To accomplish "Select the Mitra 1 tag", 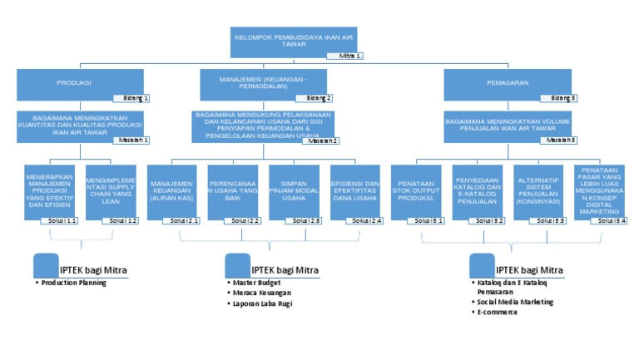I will [x=350, y=56].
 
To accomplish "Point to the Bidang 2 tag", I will [x=319, y=98].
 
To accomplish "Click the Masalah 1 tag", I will [x=134, y=140].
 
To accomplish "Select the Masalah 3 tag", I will [x=562, y=140].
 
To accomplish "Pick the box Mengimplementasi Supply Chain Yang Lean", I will [x=111, y=191].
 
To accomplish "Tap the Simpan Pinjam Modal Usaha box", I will [x=295, y=191].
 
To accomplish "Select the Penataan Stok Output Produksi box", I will [x=417, y=191].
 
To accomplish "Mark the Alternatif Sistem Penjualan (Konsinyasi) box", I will [x=539, y=191].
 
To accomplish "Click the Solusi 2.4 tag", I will [x=366, y=221].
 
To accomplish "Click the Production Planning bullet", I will [x=73, y=284].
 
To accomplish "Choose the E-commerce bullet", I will [x=497, y=313].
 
